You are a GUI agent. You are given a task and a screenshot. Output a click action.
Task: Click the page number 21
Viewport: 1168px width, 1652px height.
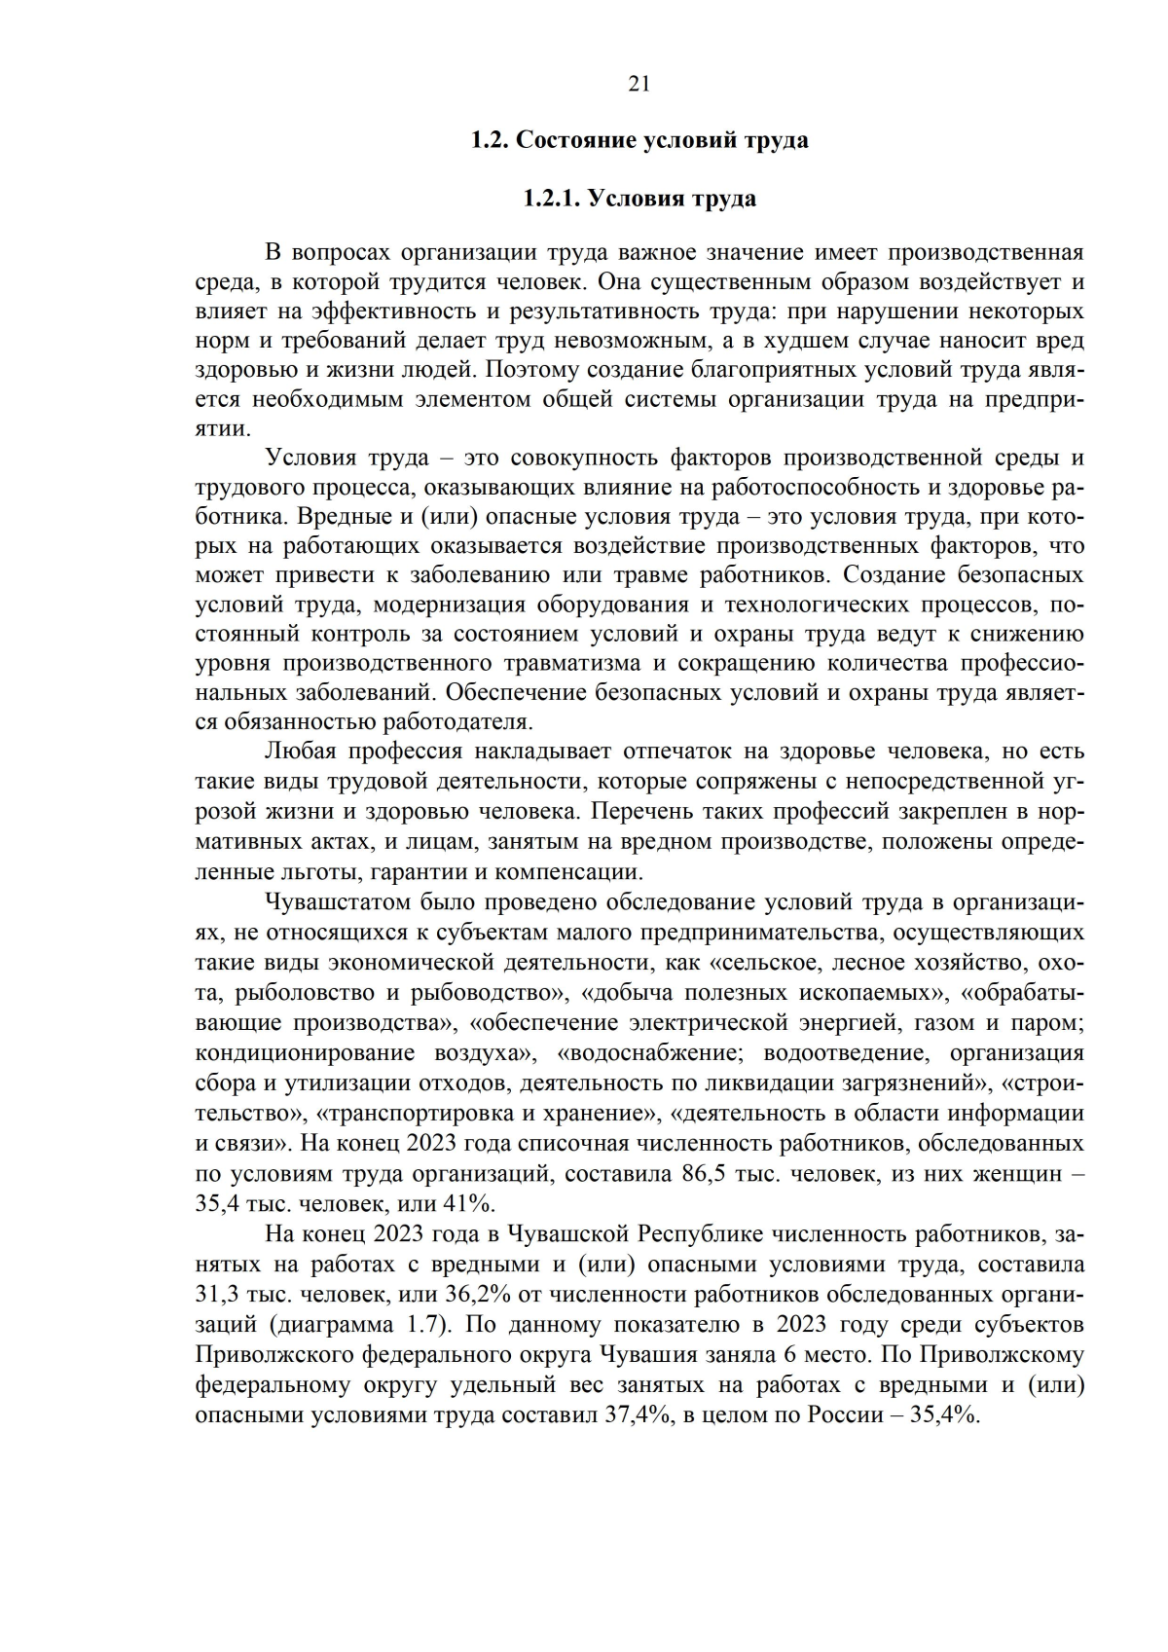tap(639, 84)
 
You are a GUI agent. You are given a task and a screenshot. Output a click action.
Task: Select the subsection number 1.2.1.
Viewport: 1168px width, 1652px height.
tap(552, 199)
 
